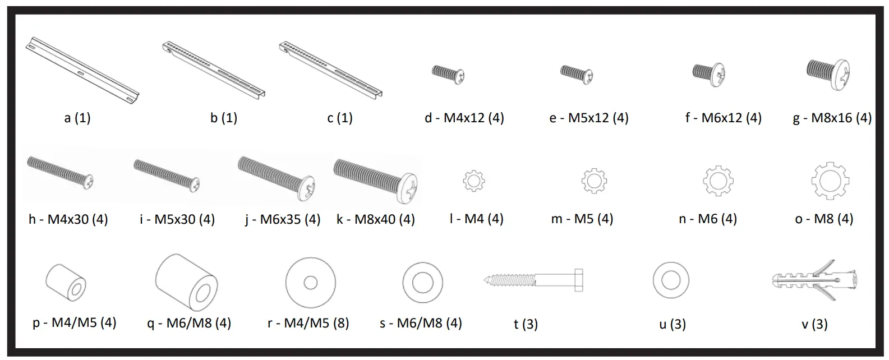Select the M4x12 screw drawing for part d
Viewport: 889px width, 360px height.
click(448, 74)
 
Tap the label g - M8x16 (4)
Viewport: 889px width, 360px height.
click(832, 118)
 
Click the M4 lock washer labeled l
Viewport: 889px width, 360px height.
click(473, 181)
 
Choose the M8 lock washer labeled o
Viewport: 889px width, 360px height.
click(830, 181)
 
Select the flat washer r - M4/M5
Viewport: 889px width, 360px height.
click(310, 283)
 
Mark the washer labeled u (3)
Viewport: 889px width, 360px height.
click(670, 280)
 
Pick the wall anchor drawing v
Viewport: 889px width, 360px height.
click(813, 279)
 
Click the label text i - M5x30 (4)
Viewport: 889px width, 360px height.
click(177, 219)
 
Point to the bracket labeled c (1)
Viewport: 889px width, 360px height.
click(330, 71)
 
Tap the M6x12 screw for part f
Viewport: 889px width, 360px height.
click(710, 73)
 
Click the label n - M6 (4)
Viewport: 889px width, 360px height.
click(707, 219)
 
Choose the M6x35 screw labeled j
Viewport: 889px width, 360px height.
click(278, 176)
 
